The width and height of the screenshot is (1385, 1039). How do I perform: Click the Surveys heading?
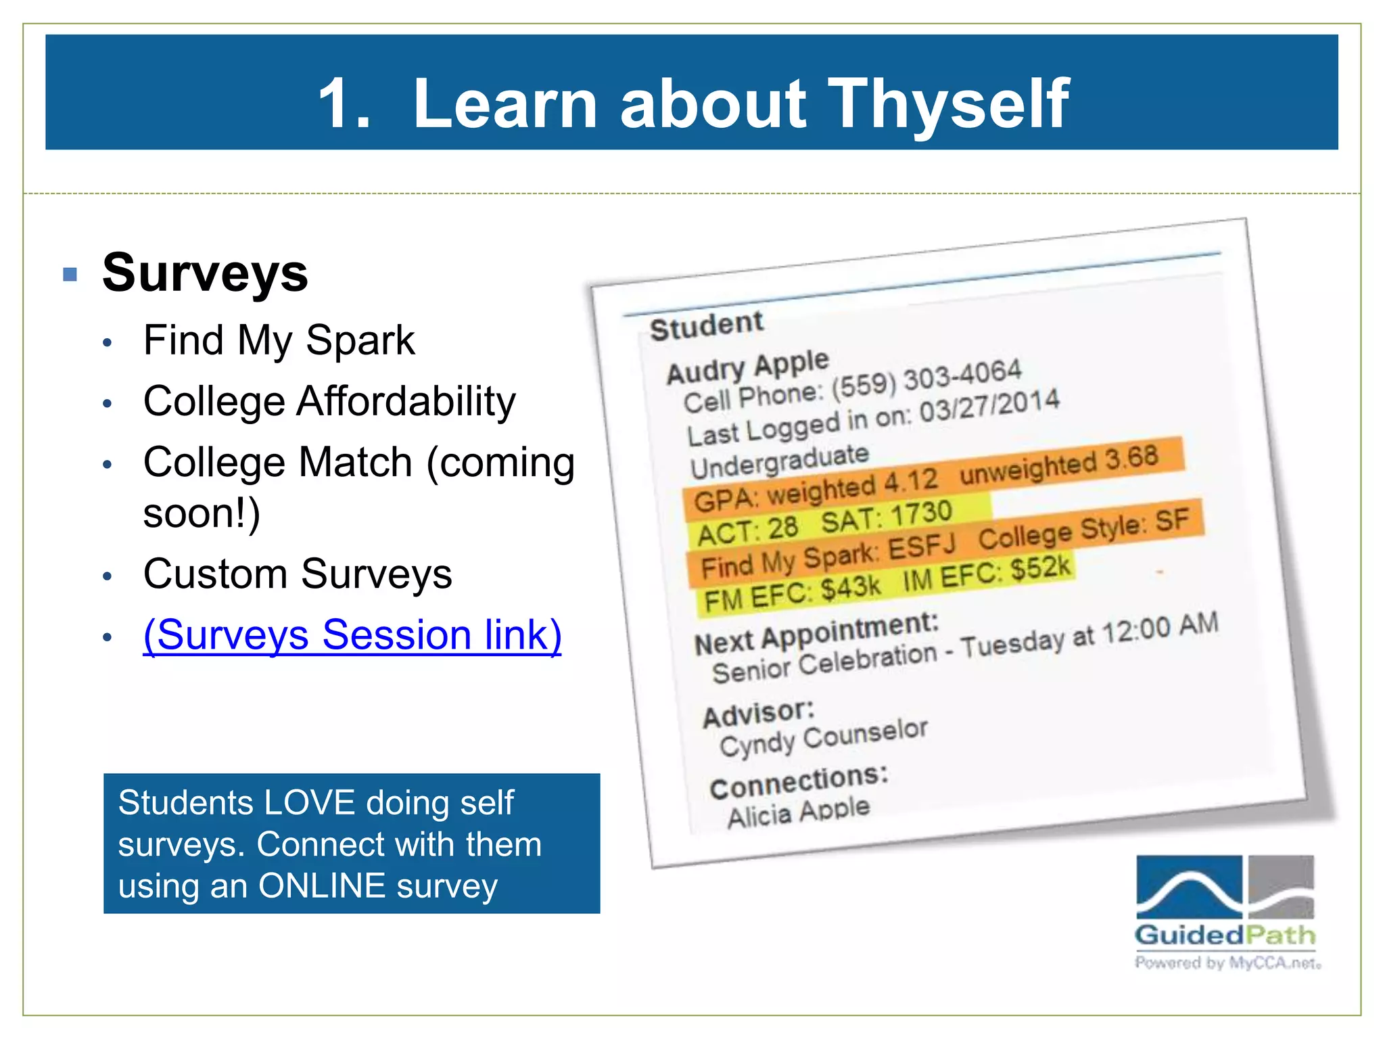point(205,273)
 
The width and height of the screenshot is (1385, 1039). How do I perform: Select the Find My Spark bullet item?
point(279,340)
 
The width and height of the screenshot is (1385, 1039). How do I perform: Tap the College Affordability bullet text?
point(329,401)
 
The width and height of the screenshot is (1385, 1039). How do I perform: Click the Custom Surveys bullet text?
point(298,574)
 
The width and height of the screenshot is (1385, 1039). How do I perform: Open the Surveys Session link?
point(352,635)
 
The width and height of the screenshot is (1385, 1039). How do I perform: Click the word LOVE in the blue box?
point(308,803)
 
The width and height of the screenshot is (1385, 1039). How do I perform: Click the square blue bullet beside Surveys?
point(70,274)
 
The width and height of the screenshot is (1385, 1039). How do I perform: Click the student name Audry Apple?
point(747,367)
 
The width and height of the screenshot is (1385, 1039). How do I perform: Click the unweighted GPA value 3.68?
point(1131,458)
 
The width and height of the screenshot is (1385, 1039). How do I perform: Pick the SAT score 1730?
point(920,515)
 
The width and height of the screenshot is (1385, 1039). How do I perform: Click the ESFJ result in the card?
point(921,547)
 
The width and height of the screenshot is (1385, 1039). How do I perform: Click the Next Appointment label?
point(816,634)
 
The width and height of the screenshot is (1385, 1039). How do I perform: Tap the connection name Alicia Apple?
point(798,812)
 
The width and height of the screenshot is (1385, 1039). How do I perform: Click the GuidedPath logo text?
point(1225,936)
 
